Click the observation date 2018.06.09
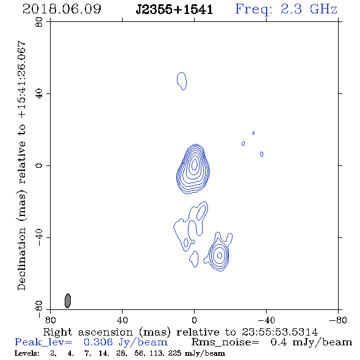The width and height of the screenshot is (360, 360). pos(62,9)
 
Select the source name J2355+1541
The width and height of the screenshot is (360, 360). pos(175,9)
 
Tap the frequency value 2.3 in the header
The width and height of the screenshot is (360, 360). pos(291,9)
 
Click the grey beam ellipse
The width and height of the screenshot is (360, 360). pos(68,301)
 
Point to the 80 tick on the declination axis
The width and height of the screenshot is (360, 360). pos(39,22)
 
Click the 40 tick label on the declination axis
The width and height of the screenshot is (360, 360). pos(39,94)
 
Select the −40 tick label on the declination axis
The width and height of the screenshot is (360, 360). pos(39,237)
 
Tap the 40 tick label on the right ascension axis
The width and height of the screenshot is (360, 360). pos(122,320)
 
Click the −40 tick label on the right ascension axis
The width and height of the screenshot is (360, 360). pos(266,320)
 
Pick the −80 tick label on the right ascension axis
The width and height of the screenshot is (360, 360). pos(338,320)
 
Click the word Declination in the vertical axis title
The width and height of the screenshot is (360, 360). pos(21,259)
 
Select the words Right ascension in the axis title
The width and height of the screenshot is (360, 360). pos(88,332)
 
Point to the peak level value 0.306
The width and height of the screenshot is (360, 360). pos(98,342)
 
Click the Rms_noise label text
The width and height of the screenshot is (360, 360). pos(225,342)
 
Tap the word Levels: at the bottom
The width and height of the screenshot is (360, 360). pos(27,353)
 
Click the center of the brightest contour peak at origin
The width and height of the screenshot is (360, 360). pos(195,164)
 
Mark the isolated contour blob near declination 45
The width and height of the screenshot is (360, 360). pos(182,81)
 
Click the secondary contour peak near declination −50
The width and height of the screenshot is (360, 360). pos(220,255)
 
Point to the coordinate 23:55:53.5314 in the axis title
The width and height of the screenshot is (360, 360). pos(279,332)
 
